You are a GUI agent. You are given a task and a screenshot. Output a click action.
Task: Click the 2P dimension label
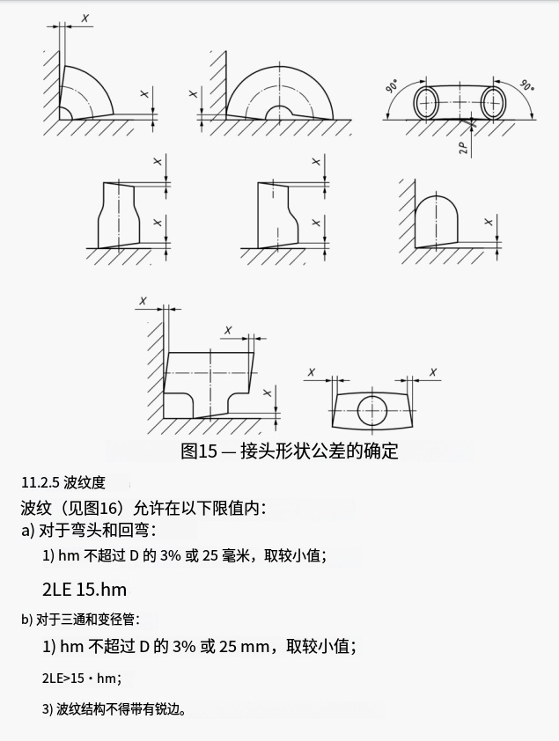464,148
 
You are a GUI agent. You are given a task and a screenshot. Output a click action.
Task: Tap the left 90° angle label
392,86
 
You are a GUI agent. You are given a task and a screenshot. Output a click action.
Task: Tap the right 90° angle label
526,85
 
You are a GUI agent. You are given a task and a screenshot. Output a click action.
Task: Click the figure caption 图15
198,451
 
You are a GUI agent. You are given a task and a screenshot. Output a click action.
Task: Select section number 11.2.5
40,482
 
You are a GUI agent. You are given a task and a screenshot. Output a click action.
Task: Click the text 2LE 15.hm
85,590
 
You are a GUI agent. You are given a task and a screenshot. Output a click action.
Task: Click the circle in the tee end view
372,411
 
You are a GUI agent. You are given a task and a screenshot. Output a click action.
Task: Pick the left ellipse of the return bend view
426,103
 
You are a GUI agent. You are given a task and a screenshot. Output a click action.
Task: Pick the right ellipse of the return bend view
494,103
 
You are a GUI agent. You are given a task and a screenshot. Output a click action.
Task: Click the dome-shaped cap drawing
436,222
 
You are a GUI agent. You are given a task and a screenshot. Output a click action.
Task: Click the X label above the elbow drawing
85,18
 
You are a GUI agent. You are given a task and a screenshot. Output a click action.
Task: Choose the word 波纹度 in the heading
85,482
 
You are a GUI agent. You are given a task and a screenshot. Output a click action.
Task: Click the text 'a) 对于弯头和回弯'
88,531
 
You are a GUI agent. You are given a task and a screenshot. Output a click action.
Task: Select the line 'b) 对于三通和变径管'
80,619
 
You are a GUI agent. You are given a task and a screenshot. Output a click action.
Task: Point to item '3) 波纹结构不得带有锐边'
114,709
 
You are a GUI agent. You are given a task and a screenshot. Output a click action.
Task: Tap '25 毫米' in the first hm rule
227,555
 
